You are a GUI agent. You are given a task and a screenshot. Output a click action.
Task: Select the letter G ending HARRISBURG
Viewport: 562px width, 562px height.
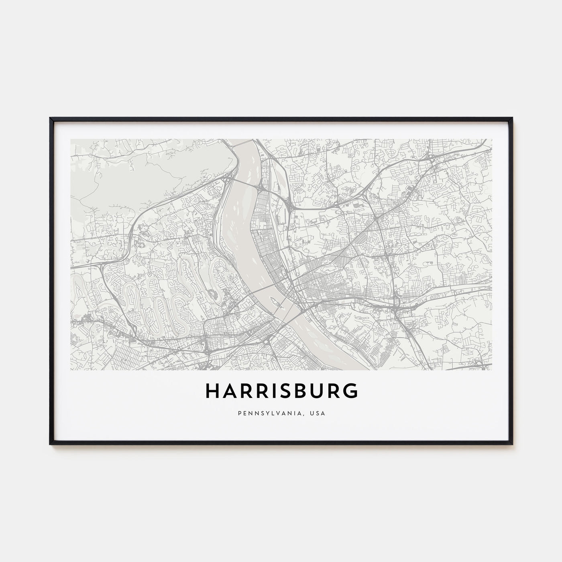[350, 391]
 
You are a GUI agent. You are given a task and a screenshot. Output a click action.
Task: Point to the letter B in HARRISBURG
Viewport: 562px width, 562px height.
[302, 391]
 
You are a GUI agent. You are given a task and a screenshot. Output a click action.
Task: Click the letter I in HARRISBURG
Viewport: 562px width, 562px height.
[276, 391]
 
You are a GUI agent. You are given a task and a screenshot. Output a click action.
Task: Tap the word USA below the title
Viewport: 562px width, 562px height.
[319, 413]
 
